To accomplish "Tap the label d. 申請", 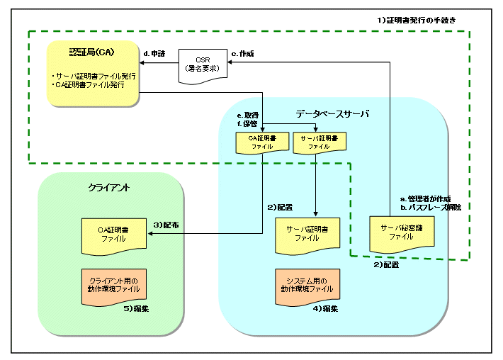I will (x=155, y=53).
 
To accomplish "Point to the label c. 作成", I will (x=242, y=53).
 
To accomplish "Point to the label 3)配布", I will (x=166, y=224).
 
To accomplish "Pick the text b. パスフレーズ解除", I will (x=430, y=207).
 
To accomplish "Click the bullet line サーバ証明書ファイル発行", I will (x=91, y=75).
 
